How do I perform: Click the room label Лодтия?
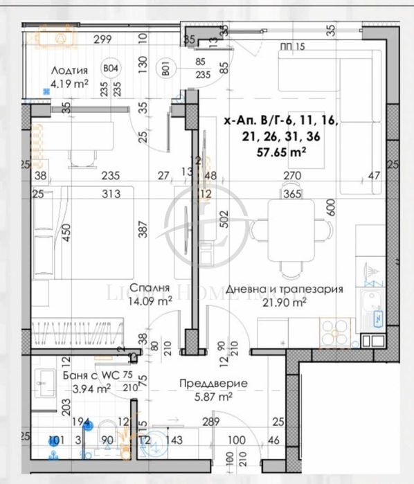[69, 71]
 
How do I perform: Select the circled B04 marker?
[109, 69]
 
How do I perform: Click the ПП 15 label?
[294, 47]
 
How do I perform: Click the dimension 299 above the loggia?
[102, 39]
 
